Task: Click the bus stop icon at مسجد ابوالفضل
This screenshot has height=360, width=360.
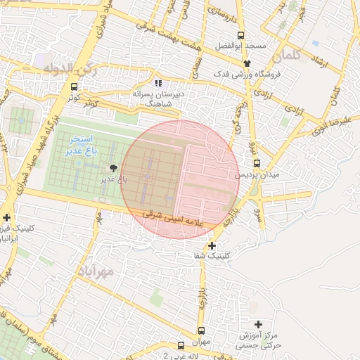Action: [241, 34]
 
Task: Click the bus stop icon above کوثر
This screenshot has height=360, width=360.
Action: [75, 87]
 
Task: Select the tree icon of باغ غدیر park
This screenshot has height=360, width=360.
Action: [113, 167]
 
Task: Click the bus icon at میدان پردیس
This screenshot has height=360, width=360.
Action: [257, 163]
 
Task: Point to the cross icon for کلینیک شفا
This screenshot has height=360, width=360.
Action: [212, 245]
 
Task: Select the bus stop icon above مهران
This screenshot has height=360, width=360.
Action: [202, 330]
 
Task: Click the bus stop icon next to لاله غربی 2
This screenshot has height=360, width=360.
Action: [181, 345]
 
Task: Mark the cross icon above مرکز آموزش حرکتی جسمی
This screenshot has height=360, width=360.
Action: [259, 324]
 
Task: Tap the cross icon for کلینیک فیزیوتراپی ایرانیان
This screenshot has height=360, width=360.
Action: [6, 217]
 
